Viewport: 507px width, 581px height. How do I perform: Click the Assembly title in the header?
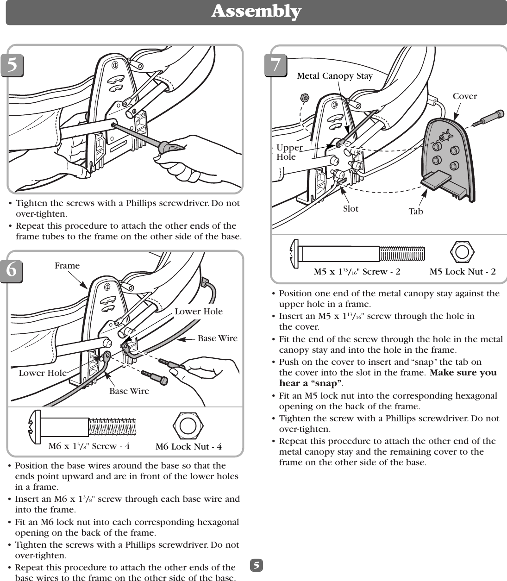tap(256, 11)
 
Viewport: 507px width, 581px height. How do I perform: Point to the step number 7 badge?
tap(275, 65)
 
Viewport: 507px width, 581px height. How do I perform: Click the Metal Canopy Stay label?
tap(334, 76)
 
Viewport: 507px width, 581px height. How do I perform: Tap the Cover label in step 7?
tap(464, 96)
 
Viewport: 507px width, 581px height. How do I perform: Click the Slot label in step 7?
tap(351, 209)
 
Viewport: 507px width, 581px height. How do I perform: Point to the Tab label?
tap(415, 212)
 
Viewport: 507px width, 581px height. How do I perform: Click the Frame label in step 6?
tap(67, 266)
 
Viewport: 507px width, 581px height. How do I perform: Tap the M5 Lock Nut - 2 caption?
tap(462, 272)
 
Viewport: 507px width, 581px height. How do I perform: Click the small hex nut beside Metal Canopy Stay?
tap(304, 98)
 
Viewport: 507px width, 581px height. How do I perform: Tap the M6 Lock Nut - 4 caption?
tap(188, 447)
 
